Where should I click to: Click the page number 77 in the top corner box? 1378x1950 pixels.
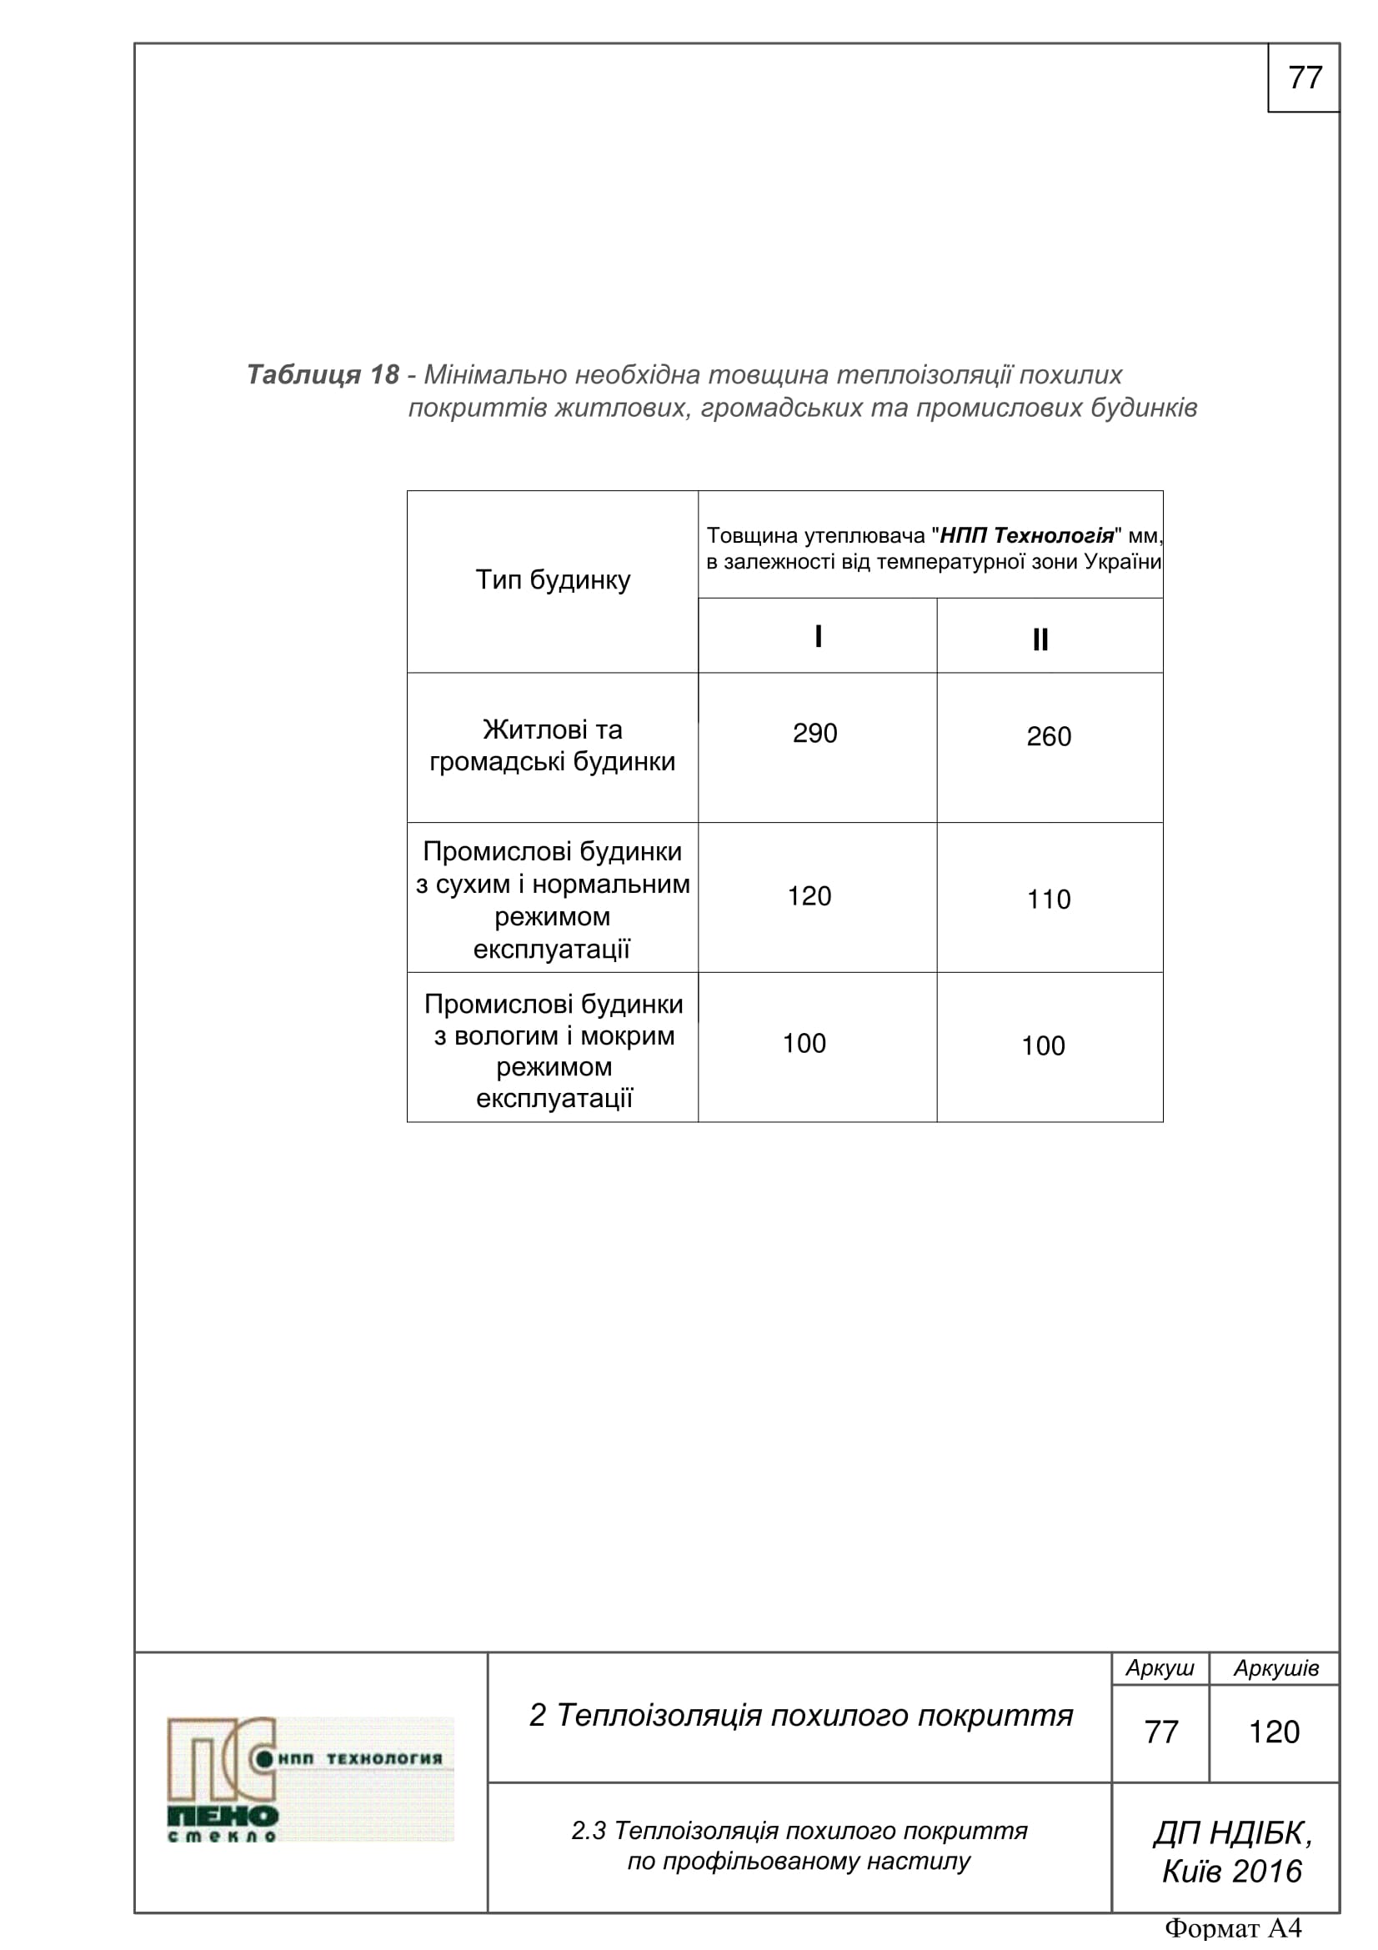point(1304,78)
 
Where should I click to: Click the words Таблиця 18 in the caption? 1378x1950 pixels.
point(322,374)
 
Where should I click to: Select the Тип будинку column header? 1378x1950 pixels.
point(553,580)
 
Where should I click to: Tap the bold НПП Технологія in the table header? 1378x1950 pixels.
point(1026,535)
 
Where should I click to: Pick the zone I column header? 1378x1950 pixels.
point(818,636)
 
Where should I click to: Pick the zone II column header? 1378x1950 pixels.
point(1040,639)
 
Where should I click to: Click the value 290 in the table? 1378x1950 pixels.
point(814,733)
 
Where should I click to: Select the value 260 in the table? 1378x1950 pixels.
point(1049,736)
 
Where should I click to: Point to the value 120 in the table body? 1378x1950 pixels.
point(809,896)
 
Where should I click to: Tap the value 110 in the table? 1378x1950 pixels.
point(1049,900)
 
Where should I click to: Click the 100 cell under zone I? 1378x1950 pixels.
point(804,1043)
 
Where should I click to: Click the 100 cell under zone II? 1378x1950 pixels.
point(1043,1045)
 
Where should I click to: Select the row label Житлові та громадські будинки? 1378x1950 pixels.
point(553,745)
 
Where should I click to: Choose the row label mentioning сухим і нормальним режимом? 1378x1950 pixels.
point(553,900)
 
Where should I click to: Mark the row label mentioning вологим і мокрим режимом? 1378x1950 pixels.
point(554,1050)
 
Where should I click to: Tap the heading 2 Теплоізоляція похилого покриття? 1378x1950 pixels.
point(800,1715)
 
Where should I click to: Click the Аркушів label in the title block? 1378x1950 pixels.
point(1275,1668)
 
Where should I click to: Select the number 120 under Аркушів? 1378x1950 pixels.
point(1274,1732)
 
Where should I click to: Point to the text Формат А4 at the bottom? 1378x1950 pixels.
point(1233,1929)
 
